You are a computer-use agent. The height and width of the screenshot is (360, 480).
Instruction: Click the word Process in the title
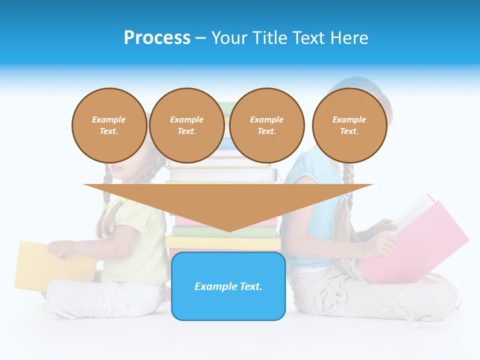(157, 38)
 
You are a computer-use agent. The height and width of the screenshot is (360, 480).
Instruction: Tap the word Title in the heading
(269, 38)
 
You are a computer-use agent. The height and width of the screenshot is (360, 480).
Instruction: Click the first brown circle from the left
(109, 125)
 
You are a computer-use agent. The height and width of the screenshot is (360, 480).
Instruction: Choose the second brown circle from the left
(187, 125)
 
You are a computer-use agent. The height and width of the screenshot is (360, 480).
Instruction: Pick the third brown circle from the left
(267, 125)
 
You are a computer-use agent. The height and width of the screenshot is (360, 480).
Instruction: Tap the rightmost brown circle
(349, 125)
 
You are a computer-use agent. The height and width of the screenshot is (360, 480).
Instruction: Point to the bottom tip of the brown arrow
(229, 231)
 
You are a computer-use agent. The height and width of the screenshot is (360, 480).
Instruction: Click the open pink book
(425, 240)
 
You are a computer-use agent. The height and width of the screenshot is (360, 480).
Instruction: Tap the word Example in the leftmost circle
(109, 119)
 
